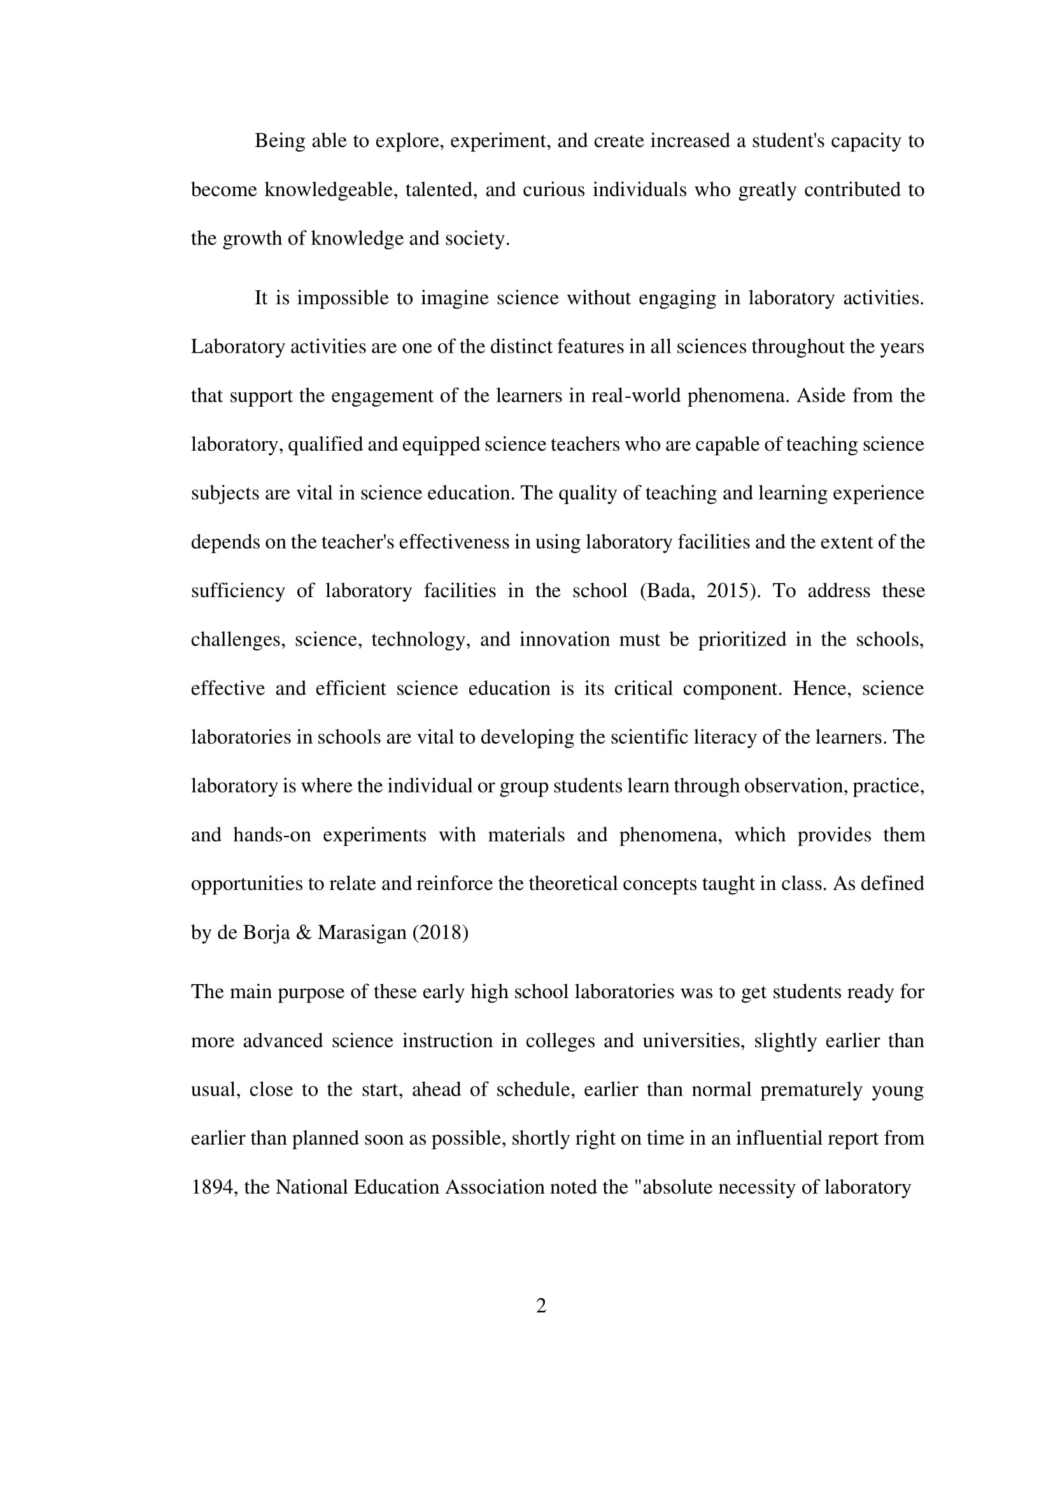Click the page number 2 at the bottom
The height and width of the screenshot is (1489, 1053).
541,1306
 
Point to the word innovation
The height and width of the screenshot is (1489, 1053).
564,639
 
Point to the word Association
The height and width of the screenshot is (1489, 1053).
494,1187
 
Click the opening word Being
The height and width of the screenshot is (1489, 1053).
279,141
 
